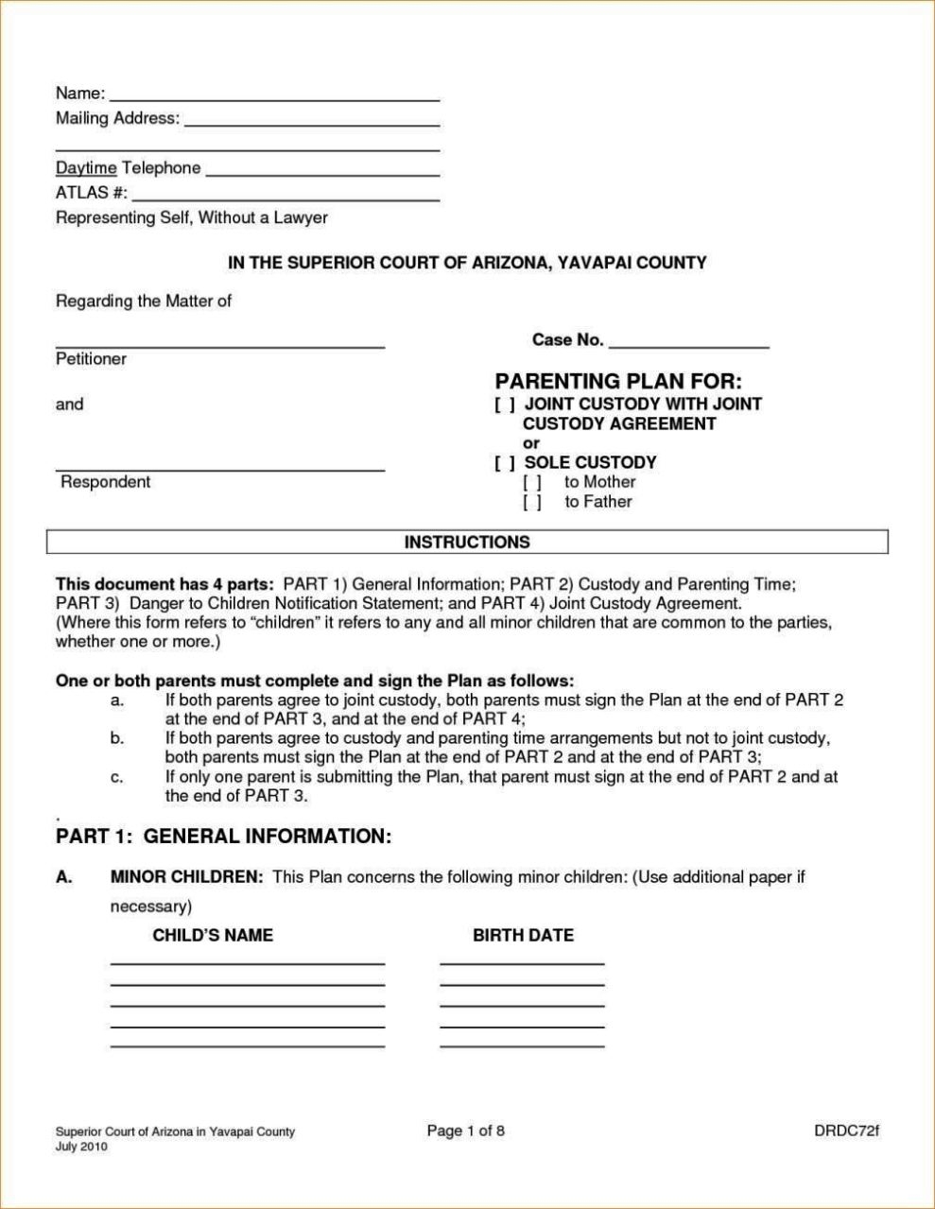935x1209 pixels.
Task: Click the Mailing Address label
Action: [x=116, y=118]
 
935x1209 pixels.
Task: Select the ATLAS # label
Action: [x=91, y=193]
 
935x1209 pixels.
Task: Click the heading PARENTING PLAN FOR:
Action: [x=618, y=381]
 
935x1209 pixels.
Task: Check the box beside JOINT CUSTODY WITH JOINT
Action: [x=504, y=405]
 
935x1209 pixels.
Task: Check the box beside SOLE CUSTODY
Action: [x=504, y=463]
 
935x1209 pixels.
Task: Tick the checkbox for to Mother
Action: [x=532, y=482]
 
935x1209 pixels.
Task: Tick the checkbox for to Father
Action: [x=532, y=502]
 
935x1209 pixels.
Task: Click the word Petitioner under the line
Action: [x=91, y=359]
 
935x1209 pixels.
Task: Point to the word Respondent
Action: [x=105, y=482]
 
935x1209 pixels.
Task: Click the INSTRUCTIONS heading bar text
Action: [x=467, y=543]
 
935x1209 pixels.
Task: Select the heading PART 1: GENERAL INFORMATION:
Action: [x=223, y=837]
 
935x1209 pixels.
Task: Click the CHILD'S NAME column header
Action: [x=213, y=935]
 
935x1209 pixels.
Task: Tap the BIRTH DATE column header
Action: [x=523, y=935]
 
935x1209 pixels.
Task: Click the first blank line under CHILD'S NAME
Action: [x=247, y=961]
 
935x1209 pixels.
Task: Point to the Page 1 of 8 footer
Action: [x=466, y=1131]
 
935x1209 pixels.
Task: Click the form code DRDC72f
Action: [x=846, y=1131]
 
